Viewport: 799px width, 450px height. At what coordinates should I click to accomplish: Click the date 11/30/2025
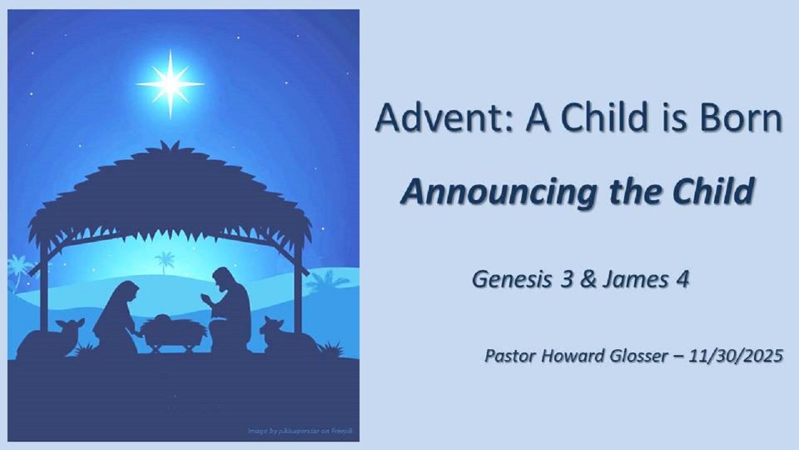(x=736, y=356)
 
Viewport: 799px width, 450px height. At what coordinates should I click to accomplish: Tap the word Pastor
(x=509, y=356)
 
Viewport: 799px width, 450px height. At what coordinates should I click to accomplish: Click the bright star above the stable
(x=170, y=84)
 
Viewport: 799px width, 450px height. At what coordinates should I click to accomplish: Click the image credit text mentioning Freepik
(x=300, y=431)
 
